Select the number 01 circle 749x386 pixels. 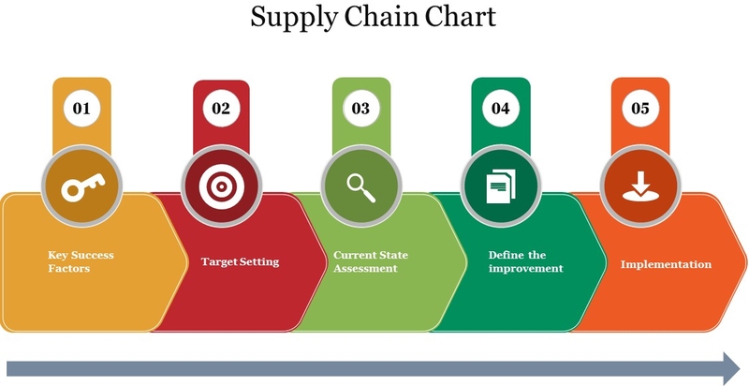coord(81,109)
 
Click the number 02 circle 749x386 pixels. coord(221,109)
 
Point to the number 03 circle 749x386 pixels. coord(361,109)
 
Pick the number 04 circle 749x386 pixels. coord(501,109)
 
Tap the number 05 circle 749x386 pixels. coord(640,109)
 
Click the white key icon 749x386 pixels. coord(83,186)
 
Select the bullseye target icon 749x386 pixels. coord(221,186)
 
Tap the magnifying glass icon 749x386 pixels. coord(361,187)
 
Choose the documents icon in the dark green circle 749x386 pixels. coord(501,186)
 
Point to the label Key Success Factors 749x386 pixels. coord(81,261)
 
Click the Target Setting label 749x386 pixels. coord(240,261)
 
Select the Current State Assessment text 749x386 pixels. coord(371,261)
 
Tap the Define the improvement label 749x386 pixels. coord(526,261)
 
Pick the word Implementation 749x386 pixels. coord(666,264)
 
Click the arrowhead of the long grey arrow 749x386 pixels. coord(732,368)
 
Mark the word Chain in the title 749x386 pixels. coord(380,16)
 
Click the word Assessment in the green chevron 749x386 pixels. coord(365,268)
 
